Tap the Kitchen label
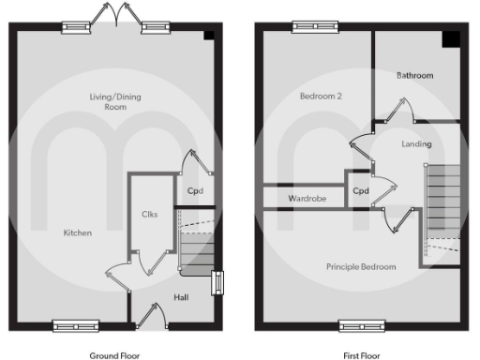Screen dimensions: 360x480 tap(78, 232)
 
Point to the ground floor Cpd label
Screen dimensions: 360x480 tap(195, 191)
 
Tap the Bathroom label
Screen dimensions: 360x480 tap(414, 75)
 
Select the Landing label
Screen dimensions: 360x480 tap(416, 144)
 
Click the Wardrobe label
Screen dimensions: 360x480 tap(306, 199)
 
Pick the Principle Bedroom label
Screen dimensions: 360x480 tap(361, 266)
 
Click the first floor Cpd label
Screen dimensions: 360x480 tap(361, 191)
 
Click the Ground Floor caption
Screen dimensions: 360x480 tap(115, 355)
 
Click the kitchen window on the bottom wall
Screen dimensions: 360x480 tap(75, 326)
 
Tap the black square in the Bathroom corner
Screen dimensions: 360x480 tap(451, 37)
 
